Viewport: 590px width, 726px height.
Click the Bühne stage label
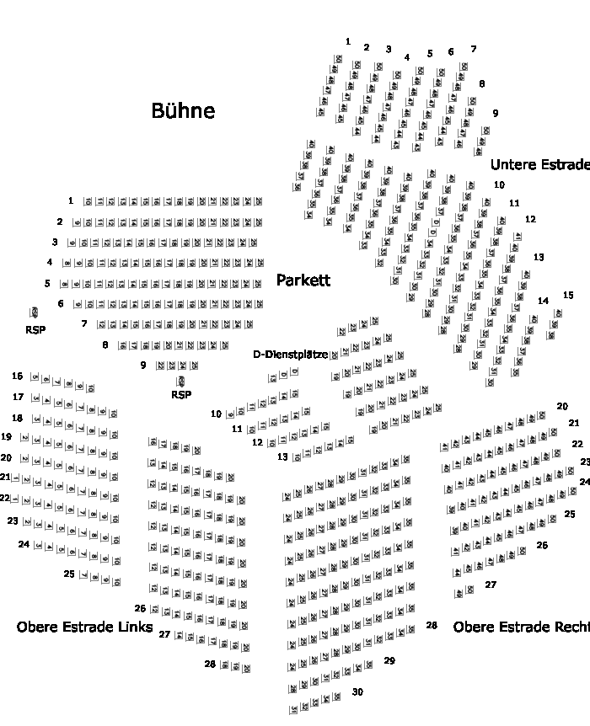point(183,110)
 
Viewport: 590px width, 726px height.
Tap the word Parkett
point(303,280)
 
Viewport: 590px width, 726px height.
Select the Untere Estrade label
point(539,164)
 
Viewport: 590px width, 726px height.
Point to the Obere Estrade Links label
point(84,627)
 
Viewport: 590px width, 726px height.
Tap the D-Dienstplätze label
point(291,355)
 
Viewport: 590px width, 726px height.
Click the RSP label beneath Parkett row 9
point(181,394)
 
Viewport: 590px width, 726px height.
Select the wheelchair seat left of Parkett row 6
point(35,312)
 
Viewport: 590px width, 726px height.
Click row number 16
point(17,376)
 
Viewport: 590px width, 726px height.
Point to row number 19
point(6,437)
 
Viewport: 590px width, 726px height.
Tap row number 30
point(357,692)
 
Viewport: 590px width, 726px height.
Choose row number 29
point(389,661)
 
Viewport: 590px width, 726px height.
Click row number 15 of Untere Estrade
point(568,295)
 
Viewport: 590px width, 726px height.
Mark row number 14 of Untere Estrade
point(543,301)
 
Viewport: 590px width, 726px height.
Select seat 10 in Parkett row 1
point(88,202)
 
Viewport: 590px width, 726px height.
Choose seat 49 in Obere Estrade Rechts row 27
point(459,594)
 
